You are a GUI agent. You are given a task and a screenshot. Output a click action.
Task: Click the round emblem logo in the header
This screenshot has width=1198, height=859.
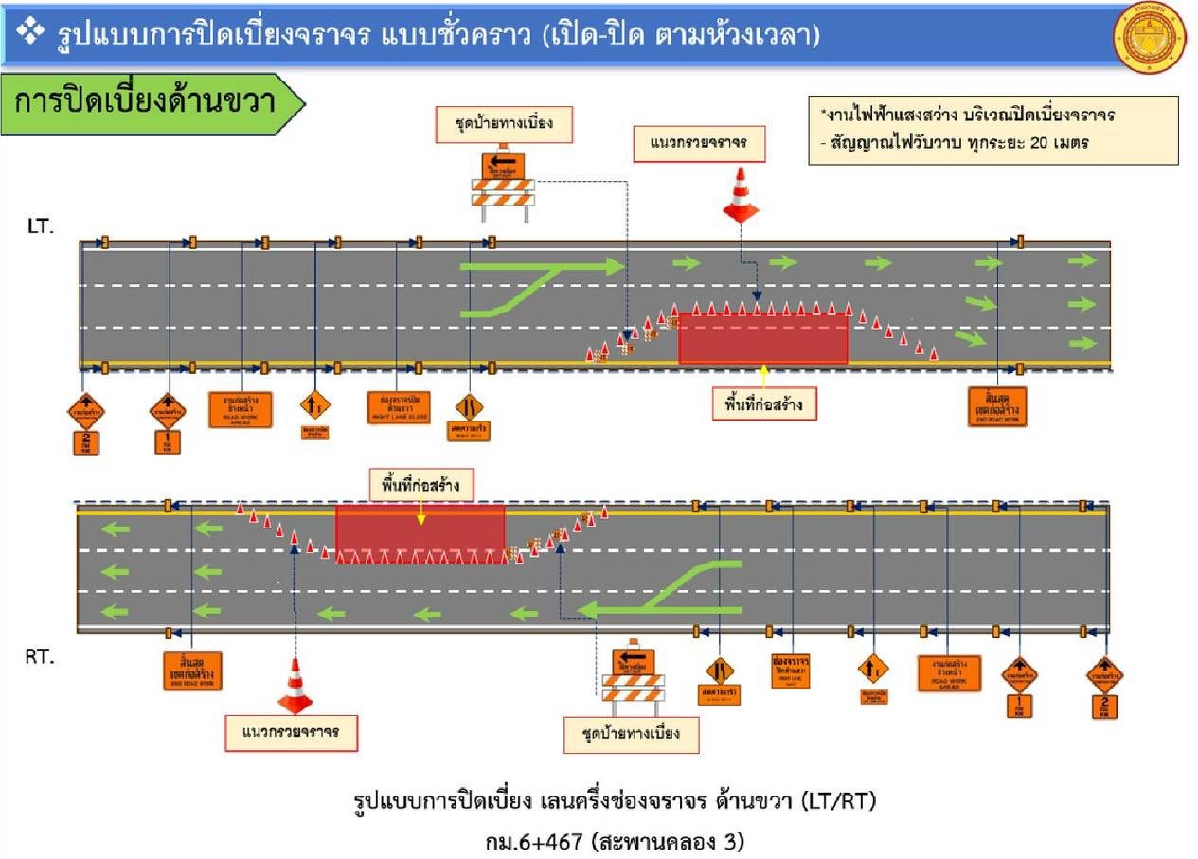point(1150,38)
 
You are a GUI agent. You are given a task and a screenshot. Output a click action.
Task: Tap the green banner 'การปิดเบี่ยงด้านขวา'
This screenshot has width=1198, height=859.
point(152,101)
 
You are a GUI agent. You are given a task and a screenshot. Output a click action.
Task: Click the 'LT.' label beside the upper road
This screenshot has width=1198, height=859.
point(42,227)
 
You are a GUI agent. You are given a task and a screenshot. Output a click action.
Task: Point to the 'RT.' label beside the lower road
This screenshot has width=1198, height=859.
point(40,657)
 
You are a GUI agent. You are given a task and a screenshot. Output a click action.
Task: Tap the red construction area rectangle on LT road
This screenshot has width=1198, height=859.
point(763,338)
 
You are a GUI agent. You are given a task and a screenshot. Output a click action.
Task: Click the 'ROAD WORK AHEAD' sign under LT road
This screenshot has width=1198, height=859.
point(241,408)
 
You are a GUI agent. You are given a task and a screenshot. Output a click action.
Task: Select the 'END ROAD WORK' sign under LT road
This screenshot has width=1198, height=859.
point(997,406)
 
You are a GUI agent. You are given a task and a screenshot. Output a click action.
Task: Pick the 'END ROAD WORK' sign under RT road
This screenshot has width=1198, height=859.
point(192,669)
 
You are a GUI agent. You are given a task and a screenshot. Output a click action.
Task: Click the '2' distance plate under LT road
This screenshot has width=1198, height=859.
point(86,441)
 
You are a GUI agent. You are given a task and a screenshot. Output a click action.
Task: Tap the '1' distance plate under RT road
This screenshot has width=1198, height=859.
point(1019,706)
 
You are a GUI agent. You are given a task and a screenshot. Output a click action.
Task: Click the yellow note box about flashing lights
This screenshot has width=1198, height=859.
point(993,130)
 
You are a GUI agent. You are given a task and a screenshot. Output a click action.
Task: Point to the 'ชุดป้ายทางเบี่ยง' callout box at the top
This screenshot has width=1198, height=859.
point(504,124)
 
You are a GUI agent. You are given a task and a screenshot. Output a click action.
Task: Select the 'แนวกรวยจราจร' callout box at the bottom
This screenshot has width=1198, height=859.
point(292,732)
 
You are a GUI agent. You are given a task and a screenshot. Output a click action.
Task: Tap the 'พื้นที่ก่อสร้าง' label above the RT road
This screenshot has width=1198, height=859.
point(421,487)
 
